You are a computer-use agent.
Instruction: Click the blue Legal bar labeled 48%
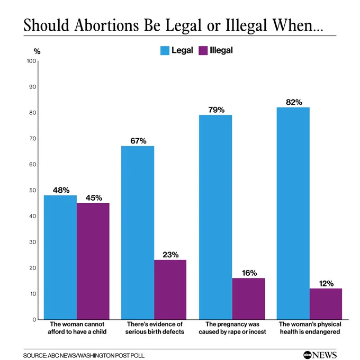(60, 257)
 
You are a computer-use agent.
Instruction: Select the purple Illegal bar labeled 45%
(93, 261)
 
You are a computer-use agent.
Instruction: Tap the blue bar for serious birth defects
(138, 232)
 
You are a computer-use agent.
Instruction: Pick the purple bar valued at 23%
(170, 290)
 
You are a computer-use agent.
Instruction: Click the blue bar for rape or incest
(215, 217)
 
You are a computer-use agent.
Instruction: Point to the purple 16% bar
(249, 299)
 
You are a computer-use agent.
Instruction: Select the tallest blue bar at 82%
(293, 213)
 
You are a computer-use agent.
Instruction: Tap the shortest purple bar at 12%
(326, 304)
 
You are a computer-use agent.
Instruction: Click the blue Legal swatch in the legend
(165, 50)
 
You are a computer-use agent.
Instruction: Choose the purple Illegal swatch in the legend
(203, 50)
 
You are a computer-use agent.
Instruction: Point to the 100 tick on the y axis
(32, 61)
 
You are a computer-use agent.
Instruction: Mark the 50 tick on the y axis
(33, 190)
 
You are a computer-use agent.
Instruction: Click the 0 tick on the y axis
(34, 320)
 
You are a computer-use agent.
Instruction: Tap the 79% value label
(217, 110)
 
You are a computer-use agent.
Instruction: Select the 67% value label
(138, 141)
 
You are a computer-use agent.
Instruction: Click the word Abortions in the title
(106, 25)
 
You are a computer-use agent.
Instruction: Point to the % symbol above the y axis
(37, 51)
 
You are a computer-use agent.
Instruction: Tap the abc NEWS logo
(320, 355)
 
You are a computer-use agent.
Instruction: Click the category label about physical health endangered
(310, 328)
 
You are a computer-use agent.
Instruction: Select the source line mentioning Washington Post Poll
(84, 355)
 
